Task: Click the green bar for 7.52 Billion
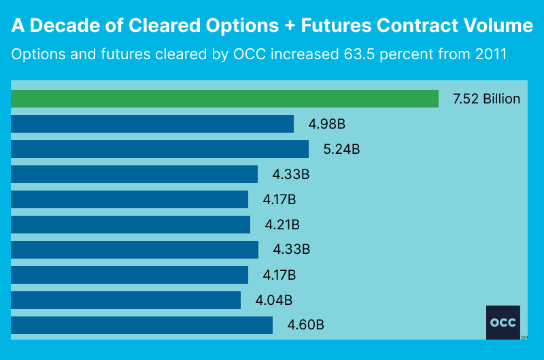pyautogui.click(x=224, y=99)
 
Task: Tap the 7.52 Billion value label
pyautogui.click(x=486, y=99)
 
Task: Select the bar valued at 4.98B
pyautogui.click(x=152, y=124)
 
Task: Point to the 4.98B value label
pyautogui.click(x=327, y=124)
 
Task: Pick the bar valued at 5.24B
pyautogui.click(x=160, y=149)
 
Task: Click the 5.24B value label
pyautogui.click(x=341, y=149)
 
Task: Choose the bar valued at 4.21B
pyautogui.click(x=131, y=225)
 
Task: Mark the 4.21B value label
pyautogui.click(x=282, y=225)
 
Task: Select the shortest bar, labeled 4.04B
pyautogui.click(x=126, y=300)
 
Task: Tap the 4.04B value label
pyautogui.click(x=274, y=300)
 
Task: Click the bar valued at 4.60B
pyautogui.click(x=141, y=325)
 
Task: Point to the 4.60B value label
pyautogui.click(x=306, y=325)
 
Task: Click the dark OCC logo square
pyautogui.click(x=503, y=322)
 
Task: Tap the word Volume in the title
pyautogui.click(x=500, y=26)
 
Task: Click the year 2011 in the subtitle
pyautogui.click(x=490, y=54)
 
